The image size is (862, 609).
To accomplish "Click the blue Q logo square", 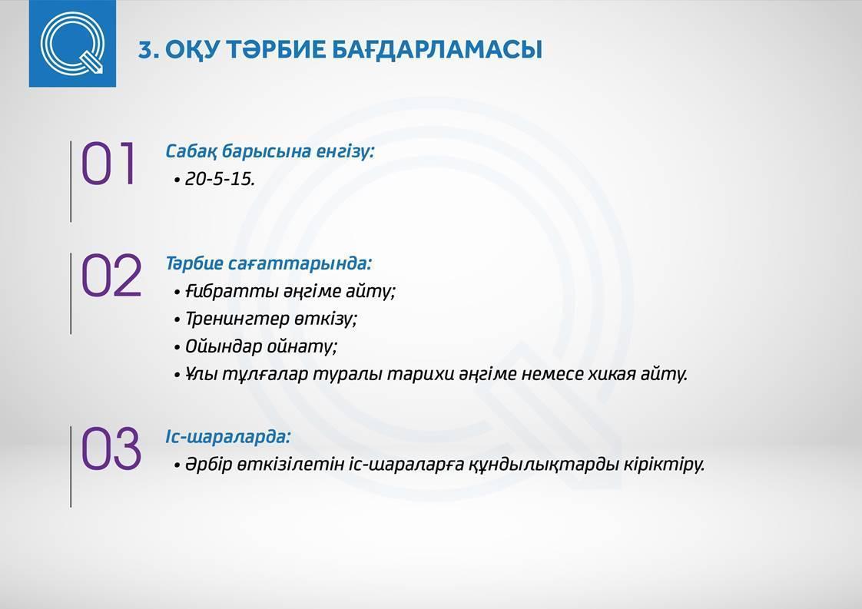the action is [x=72, y=44].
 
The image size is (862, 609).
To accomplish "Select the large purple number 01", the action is [x=108, y=164].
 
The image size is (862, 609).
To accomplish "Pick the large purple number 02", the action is [x=111, y=276].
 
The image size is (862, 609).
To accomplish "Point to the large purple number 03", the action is [x=111, y=449].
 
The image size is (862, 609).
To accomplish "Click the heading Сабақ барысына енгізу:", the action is [x=270, y=151].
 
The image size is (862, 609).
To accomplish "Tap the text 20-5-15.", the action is [x=220, y=179].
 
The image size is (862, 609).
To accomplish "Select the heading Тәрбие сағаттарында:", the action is [x=269, y=263].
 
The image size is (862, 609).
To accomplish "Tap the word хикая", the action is [x=616, y=374].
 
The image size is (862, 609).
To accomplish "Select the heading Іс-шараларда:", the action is [x=228, y=437].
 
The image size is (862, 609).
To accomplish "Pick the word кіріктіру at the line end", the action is [x=664, y=465].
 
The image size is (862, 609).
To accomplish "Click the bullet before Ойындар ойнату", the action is [x=177, y=348].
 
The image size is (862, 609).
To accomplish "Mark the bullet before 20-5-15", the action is [x=177, y=180].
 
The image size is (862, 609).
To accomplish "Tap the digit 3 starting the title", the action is [x=146, y=50].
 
